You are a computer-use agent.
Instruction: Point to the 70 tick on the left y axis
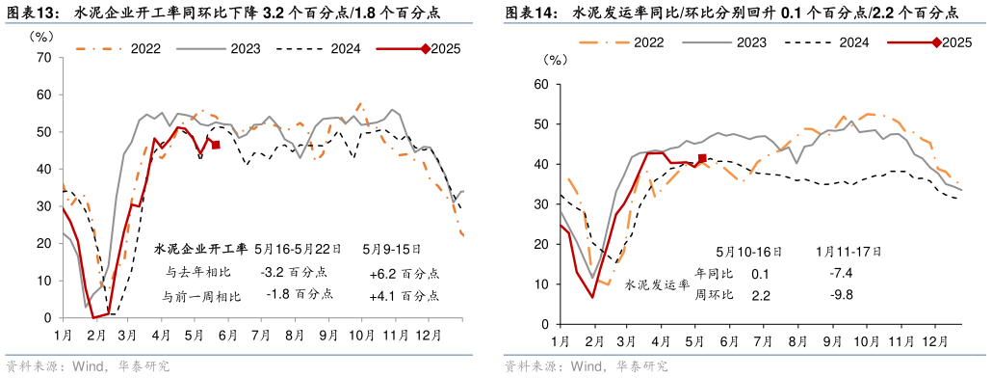pyautogui.click(x=43, y=58)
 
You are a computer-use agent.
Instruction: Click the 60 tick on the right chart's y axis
pyautogui.click(x=540, y=85)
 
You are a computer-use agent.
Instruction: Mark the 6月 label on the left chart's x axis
pyautogui.click(x=227, y=335)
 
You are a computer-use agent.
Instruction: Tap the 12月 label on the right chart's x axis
pyautogui.click(x=932, y=341)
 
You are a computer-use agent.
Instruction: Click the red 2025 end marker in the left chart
pyautogui.click(x=216, y=145)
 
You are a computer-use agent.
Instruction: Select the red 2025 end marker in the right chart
pyautogui.click(x=702, y=158)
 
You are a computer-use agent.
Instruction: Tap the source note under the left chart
pyautogui.click(x=88, y=365)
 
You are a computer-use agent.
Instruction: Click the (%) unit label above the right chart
pyautogui.click(x=556, y=60)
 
